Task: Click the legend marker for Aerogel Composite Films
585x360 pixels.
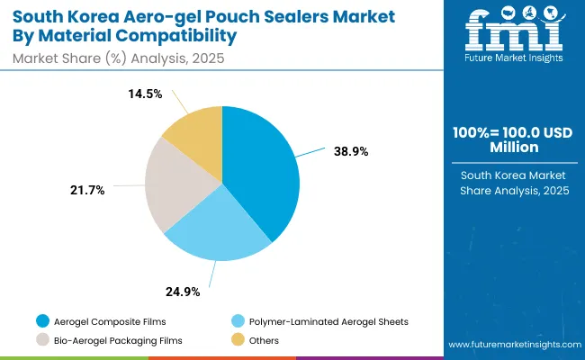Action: [42, 321]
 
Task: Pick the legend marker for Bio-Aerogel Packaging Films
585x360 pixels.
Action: [42, 340]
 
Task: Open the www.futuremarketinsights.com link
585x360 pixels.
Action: [510, 346]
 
